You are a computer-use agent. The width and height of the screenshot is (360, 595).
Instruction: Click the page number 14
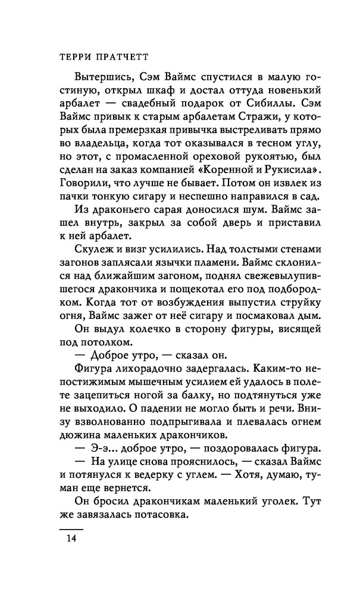(71, 556)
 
